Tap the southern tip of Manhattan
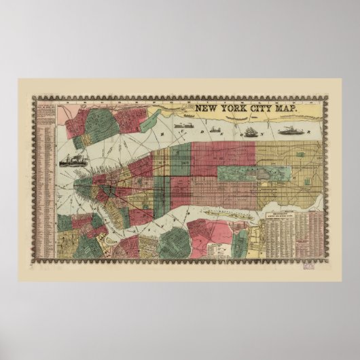pyautogui.click(x=77, y=184)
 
